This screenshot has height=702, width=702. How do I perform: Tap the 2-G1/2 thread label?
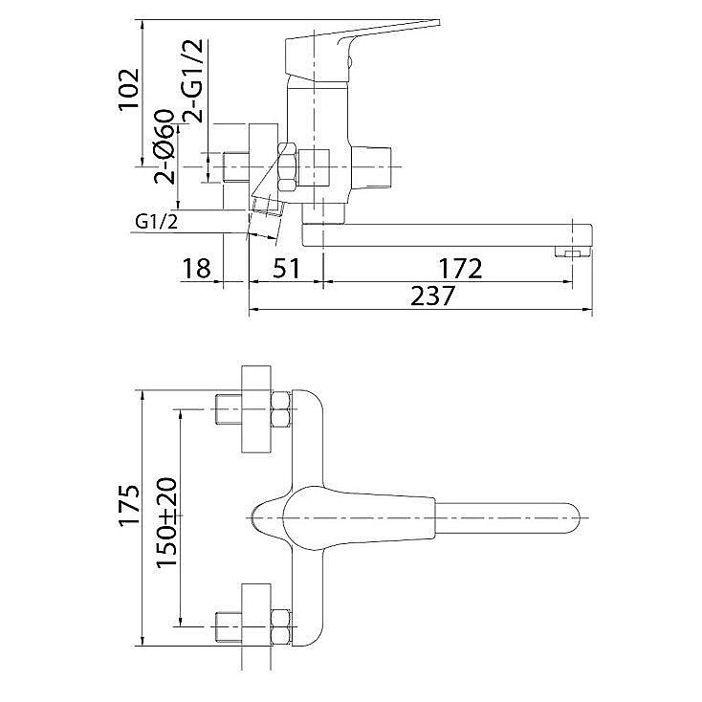tap(193, 80)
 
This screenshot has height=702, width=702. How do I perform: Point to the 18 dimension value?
tap(196, 269)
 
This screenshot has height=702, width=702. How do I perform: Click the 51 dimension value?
tap(287, 269)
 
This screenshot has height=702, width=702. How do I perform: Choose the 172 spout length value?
tap(460, 269)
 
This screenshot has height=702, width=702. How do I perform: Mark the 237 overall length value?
tap(432, 296)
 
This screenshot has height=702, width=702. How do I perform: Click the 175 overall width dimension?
tap(130, 505)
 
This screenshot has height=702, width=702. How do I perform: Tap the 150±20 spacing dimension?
tap(166, 521)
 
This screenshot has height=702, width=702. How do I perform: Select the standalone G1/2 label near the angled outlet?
tap(157, 222)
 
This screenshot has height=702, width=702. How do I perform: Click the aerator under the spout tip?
tap(572, 252)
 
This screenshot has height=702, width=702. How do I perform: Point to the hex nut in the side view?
tap(288, 167)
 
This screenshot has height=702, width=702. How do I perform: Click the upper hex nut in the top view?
tap(281, 408)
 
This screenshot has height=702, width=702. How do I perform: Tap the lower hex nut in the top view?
tap(281, 626)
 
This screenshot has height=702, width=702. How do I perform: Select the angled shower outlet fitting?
tap(267, 210)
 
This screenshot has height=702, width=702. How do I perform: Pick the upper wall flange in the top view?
tap(256, 409)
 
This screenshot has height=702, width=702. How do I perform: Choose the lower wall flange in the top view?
tap(256, 626)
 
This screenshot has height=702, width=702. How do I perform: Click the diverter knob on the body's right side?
tap(371, 167)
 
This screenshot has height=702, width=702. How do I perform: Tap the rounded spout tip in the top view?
tap(570, 517)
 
